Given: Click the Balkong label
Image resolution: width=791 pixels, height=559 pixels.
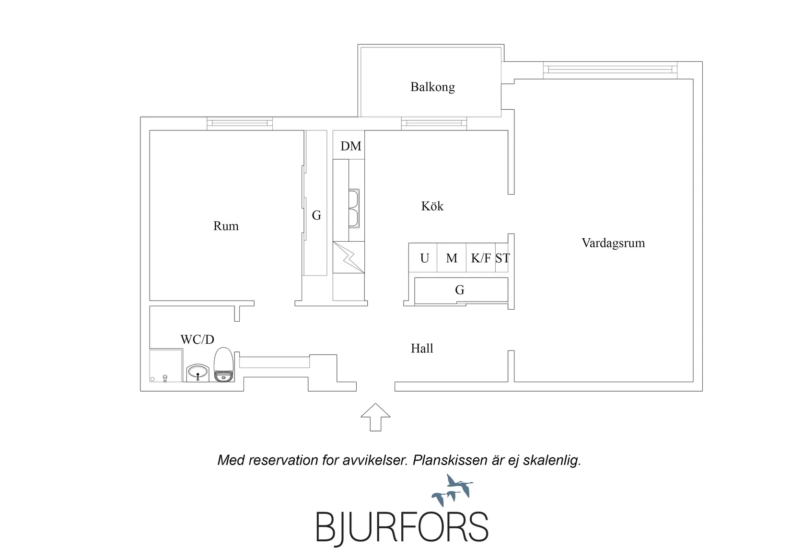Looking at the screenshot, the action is (432, 87).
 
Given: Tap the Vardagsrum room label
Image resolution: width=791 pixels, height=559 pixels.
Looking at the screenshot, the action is (613, 243).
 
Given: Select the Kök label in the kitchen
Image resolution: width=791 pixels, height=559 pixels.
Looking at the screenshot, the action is (432, 206).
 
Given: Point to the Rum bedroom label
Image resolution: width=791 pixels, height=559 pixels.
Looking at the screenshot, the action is (226, 226).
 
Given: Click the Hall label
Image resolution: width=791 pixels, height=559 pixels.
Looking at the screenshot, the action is (422, 349).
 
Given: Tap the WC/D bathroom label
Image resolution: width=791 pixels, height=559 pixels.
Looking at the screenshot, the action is (198, 339).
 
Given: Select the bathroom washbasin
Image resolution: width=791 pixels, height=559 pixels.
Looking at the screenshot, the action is (198, 373).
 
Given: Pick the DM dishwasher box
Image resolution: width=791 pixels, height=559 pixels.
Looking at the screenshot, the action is (349, 145).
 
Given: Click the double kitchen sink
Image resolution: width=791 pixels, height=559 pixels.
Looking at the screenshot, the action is (354, 209).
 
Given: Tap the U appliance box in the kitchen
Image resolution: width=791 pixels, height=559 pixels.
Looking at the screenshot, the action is (423, 257).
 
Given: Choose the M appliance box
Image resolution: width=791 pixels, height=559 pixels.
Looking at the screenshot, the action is (452, 257).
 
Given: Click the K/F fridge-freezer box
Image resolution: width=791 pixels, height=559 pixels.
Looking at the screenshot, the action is (481, 257).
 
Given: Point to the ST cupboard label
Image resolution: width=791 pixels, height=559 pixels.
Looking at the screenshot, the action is (502, 258).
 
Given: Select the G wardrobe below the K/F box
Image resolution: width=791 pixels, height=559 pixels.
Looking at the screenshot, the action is (461, 290).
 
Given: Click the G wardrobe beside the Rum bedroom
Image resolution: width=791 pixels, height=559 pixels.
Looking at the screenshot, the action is (316, 203).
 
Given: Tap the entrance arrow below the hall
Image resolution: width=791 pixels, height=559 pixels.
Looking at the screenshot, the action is (375, 417).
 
